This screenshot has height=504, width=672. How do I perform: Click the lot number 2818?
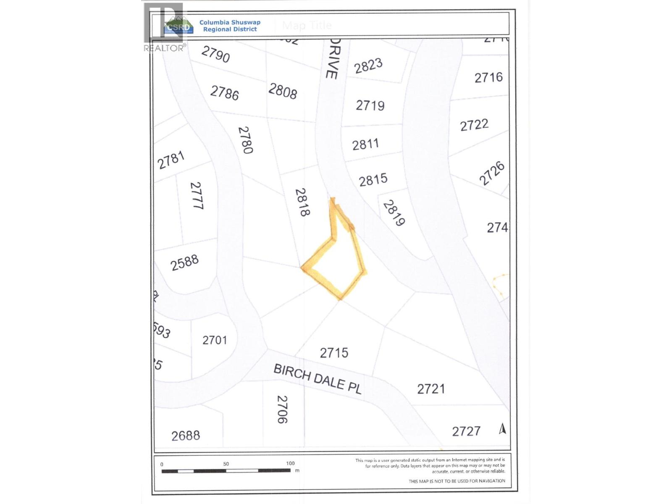click(x=302, y=202)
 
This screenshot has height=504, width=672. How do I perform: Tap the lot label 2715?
click(x=334, y=353)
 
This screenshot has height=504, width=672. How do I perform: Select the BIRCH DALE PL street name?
click(x=317, y=379)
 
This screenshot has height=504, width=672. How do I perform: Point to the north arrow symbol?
click(x=502, y=428)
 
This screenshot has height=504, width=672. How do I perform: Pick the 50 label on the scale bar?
click(x=226, y=464)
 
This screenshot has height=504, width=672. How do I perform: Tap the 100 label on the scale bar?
click(x=290, y=464)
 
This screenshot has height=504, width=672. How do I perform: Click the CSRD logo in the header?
click(x=178, y=26)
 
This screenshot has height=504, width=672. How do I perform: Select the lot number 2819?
click(x=394, y=213)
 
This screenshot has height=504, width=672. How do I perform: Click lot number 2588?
click(x=184, y=263)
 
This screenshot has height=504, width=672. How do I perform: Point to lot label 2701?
click(x=215, y=340)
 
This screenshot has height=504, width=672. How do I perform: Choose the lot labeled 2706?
click(x=282, y=409)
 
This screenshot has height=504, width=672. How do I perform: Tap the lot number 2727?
click(x=466, y=431)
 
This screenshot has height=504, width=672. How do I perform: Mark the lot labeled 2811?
click(x=365, y=144)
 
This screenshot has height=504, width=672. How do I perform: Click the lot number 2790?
click(x=215, y=54)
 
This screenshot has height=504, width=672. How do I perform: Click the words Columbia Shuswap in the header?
click(x=230, y=22)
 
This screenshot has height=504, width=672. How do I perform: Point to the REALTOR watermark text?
click(x=164, y=48)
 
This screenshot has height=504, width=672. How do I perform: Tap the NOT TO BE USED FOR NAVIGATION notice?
click(x=457, y=481)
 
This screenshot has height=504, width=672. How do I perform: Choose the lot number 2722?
click(x=474, y=125)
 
